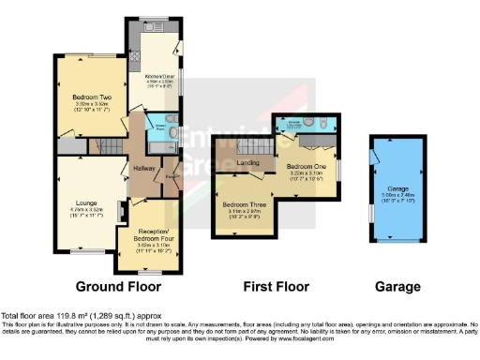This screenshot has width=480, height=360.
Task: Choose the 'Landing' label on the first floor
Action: [248, 163]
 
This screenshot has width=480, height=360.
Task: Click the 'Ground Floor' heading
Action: [118, 286]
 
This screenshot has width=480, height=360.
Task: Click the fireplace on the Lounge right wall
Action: [119, 211]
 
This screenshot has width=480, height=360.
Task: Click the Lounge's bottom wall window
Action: [87, 251]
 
